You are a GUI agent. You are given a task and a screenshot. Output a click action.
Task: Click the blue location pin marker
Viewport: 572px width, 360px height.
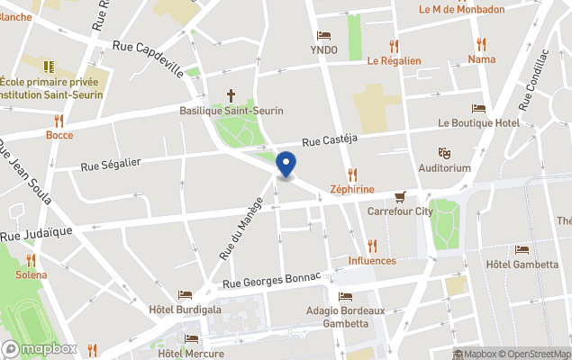tap(286, 165)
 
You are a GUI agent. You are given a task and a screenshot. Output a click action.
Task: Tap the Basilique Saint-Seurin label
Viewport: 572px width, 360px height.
tap(232, 111)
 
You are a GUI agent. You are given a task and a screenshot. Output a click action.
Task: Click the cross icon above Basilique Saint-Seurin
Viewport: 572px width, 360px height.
tap(231, 94)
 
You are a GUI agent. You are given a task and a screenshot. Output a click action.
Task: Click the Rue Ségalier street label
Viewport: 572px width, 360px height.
tap(111, 164)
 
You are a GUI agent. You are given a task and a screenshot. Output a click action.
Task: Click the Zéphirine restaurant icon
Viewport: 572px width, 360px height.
tap(352, 175)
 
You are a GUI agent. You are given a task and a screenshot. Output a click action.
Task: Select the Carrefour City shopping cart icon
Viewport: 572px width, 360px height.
tap(400, 196)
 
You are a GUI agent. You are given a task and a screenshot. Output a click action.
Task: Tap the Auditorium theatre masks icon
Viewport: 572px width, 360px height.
tap(443, 153)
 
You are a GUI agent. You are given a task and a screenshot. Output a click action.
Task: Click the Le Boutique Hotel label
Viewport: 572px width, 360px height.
tap(478, 122)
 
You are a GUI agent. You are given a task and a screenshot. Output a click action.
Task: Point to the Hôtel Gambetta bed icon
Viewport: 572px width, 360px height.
tap(522, 249)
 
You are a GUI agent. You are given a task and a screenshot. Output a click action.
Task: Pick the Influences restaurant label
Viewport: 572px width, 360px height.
tap(372, 261)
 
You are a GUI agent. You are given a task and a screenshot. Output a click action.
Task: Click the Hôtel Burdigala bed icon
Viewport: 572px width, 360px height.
tap(185, 294)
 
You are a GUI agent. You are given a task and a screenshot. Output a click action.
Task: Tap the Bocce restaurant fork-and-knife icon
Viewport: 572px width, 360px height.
tap(59, 120)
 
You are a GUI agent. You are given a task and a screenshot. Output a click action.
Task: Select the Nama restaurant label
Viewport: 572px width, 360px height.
tap(481, 59)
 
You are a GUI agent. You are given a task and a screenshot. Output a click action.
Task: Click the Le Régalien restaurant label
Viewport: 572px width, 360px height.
tap(394, 61)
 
